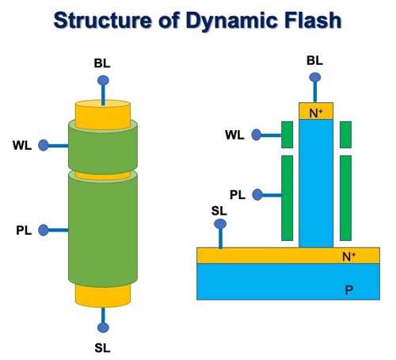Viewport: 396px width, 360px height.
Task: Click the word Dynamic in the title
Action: coord(230,21)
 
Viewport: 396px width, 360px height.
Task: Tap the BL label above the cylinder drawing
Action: coord(102,63)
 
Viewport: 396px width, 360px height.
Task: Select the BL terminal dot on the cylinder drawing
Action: coord(103,80)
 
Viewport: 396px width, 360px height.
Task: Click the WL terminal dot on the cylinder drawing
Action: coord(44,145)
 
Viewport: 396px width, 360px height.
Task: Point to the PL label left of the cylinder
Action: coord(24,230)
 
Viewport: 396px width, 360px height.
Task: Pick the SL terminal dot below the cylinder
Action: coord(103,327)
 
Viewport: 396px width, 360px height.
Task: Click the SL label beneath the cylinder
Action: coord(102,348)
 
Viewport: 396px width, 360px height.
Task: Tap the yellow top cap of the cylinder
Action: coord(103,113)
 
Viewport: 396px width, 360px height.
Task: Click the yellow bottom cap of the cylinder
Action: coord(103,296)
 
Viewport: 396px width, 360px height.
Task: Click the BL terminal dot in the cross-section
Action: coord(315,78)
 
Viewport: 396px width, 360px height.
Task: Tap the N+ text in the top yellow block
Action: coord(316,113)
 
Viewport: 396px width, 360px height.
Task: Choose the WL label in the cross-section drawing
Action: coord(234,135)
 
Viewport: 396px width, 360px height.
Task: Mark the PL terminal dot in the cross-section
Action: coord(257,195)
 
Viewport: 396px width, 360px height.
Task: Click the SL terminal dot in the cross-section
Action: coord(220,224)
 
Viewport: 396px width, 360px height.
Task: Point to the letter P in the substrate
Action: coord(348,290)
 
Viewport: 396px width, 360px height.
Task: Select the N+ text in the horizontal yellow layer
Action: coord(348,256)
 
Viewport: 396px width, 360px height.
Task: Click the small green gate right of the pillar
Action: coord(345,135)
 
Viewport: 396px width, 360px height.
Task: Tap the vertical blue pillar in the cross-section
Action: coord(316,183)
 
